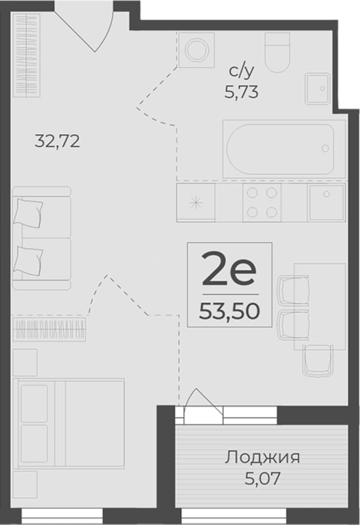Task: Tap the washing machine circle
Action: (197, 50)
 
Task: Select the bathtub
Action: (280, 149)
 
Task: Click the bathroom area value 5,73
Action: (241, 92)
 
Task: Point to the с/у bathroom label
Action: (241, 71)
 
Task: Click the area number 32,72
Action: (57, 141)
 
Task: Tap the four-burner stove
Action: (262, 202)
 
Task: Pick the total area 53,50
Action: (229, 311)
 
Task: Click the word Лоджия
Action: (262, 457)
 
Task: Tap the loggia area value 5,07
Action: (262, 479)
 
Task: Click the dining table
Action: (320, 306)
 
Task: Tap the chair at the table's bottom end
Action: (318, 361)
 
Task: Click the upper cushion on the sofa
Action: (28, 213)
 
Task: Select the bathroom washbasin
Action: (318, 89)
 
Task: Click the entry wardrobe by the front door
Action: (27, 55)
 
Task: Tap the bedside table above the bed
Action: (25, 362)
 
